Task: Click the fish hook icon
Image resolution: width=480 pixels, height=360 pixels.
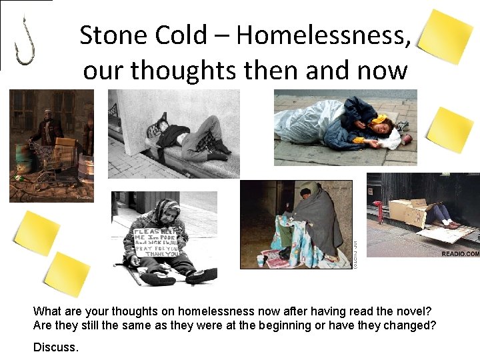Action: [25, 41]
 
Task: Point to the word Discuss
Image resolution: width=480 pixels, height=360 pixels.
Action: [55, 347]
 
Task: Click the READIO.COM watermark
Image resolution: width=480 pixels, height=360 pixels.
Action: [460, 253]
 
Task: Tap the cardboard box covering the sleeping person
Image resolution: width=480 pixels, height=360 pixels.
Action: [410, 213]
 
